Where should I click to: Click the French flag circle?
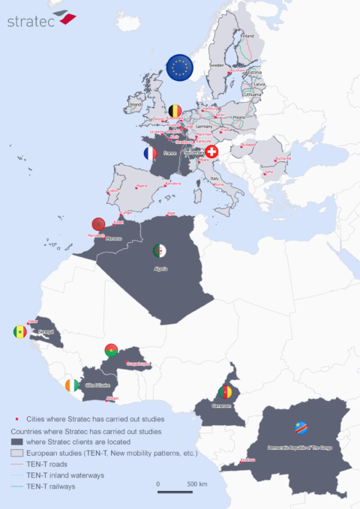151,153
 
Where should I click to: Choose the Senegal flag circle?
20,331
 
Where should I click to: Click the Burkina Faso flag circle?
112,349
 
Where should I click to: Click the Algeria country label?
160,268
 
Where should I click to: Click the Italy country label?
214,178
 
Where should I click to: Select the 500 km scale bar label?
197,484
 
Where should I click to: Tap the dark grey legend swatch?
16,442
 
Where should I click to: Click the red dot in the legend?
16,420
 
